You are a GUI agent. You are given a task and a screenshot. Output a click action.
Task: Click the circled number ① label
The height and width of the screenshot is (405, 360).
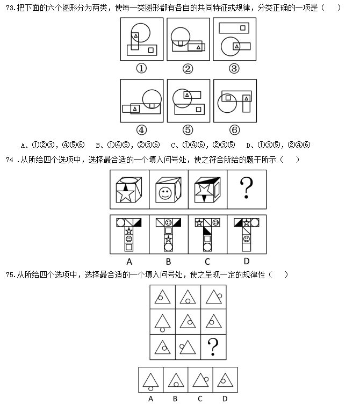141,68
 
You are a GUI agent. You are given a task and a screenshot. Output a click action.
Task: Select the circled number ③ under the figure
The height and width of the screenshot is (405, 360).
234,68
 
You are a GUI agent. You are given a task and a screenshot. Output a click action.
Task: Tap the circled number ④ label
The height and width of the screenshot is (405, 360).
141,129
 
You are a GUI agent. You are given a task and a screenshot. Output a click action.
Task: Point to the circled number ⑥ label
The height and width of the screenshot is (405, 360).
234,129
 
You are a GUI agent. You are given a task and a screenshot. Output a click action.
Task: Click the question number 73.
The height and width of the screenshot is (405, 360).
10,8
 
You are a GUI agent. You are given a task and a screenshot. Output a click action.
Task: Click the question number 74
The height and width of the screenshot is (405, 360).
10,160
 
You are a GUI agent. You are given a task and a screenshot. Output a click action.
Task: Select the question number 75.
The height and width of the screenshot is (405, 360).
10,274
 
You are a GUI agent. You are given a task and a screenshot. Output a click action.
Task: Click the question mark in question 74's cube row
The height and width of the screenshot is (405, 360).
247,188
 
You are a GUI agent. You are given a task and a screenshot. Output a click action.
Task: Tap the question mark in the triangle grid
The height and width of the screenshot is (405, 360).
213,347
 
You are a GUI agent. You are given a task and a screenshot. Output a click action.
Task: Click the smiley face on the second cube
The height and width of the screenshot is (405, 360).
165,193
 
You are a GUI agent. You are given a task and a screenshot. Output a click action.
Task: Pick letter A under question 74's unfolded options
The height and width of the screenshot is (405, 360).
129,262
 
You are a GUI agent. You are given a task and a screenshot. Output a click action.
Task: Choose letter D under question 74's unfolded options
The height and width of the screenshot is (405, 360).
247,262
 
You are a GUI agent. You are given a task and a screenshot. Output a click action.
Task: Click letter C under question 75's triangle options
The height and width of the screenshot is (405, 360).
200,399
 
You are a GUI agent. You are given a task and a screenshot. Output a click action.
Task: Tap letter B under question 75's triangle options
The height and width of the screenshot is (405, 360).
175,399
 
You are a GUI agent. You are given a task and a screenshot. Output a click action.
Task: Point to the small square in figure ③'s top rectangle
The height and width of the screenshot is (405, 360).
243,28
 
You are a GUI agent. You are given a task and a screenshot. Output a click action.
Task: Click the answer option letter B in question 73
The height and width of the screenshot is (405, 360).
98,146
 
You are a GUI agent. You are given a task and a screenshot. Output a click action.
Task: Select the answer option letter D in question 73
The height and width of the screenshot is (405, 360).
248,146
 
